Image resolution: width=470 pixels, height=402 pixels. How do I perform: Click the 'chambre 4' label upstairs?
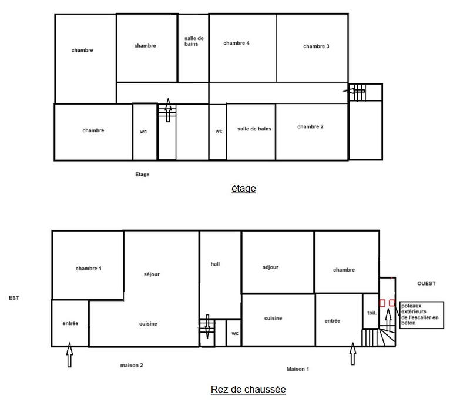[236, 43]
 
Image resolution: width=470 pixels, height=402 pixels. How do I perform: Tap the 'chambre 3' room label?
[316, 46]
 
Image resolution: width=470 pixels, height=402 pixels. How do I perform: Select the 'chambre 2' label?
[310, 127]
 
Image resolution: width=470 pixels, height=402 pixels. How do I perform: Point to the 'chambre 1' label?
[89, 269]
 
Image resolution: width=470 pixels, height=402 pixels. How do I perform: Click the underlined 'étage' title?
[243, 189]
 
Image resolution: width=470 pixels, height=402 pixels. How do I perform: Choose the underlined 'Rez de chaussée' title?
[248, 389]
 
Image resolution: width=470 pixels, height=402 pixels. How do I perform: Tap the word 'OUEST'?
[427, 283]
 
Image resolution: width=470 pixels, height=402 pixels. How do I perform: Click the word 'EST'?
[14, 298]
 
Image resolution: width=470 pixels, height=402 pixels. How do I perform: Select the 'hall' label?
[215, 264]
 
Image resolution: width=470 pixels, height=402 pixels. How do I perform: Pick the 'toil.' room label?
[371, 313]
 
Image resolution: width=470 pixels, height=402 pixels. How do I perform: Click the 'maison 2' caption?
[132, 365]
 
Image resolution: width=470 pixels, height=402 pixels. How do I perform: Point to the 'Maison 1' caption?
[298, 369]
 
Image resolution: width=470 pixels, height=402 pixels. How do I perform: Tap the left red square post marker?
[382, 303]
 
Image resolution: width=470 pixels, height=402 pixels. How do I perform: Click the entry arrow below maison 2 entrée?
[69, 355]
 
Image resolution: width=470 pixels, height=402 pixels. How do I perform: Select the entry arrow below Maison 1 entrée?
[352, 354]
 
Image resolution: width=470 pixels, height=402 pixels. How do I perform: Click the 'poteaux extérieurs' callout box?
[421, 314]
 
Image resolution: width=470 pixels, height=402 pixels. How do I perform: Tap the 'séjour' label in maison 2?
[152, 274]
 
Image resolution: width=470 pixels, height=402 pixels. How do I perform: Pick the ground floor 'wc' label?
[234, 333]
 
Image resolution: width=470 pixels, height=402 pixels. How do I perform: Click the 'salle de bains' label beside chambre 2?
[254, 129]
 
